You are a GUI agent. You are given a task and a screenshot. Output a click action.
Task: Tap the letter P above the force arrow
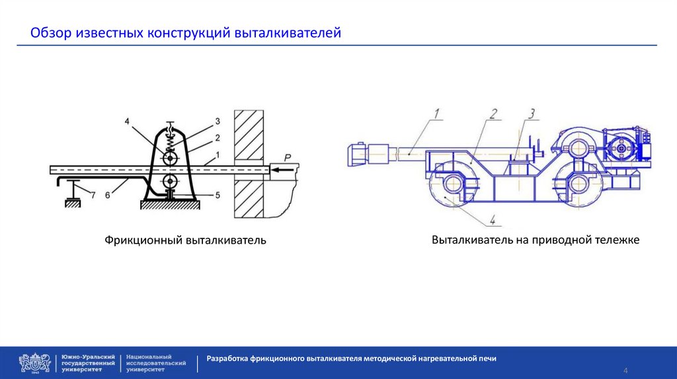point(287,157)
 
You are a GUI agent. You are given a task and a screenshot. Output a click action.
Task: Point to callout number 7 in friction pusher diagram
point(93,195)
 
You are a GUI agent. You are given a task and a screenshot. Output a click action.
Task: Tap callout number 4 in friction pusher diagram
point(127,120)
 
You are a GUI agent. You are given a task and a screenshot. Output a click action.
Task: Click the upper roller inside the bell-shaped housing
point(171,159)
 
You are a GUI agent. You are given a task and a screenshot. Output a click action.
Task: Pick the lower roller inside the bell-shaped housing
point(171,181)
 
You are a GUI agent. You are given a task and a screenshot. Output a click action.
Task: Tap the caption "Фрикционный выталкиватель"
point(184,240)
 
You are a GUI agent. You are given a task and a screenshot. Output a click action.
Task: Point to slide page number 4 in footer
point(625,369)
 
